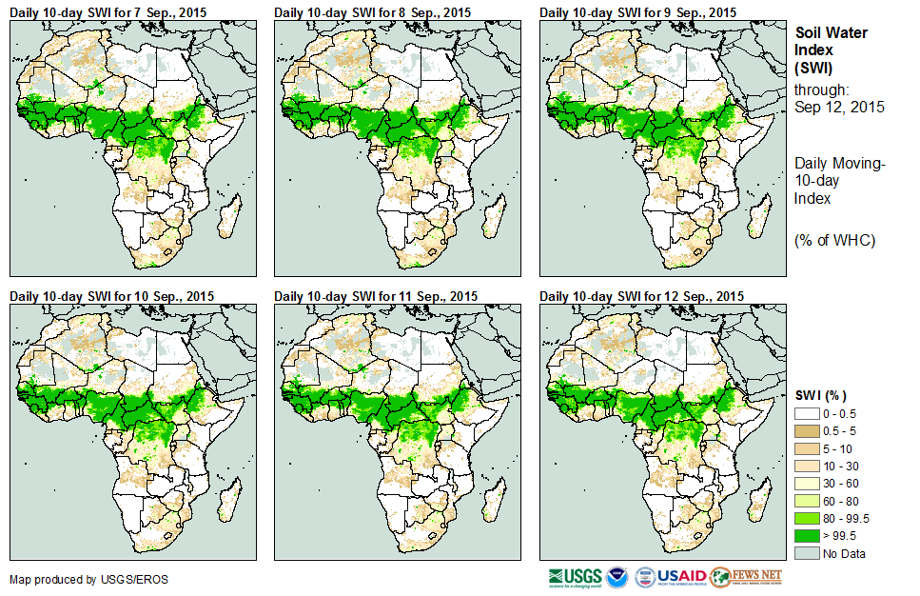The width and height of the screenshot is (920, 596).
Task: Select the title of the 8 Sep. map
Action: coord(372,12)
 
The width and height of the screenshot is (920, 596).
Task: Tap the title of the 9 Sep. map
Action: coord(637,12)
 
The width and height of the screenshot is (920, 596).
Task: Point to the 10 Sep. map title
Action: coord(111,296)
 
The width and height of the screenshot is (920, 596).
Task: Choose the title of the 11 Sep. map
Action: coord(376,296)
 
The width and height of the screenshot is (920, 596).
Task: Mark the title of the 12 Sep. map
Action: coord(641,296)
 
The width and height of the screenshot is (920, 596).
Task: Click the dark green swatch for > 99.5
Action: coord(806,536)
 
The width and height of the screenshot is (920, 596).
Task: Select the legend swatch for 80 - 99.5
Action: coord(806,518)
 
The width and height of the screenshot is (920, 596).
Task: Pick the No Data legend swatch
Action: coord(806,553)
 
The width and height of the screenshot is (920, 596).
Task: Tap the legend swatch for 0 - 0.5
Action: coord(806,413)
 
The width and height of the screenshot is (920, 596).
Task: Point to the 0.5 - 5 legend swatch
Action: coord(806,431)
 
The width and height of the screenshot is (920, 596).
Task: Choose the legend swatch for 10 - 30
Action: coord(806,466)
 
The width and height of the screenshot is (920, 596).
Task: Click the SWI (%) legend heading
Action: coord(820,395)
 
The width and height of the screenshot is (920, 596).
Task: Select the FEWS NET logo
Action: coord(746,576)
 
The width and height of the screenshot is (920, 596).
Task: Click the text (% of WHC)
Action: coord(834,240)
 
